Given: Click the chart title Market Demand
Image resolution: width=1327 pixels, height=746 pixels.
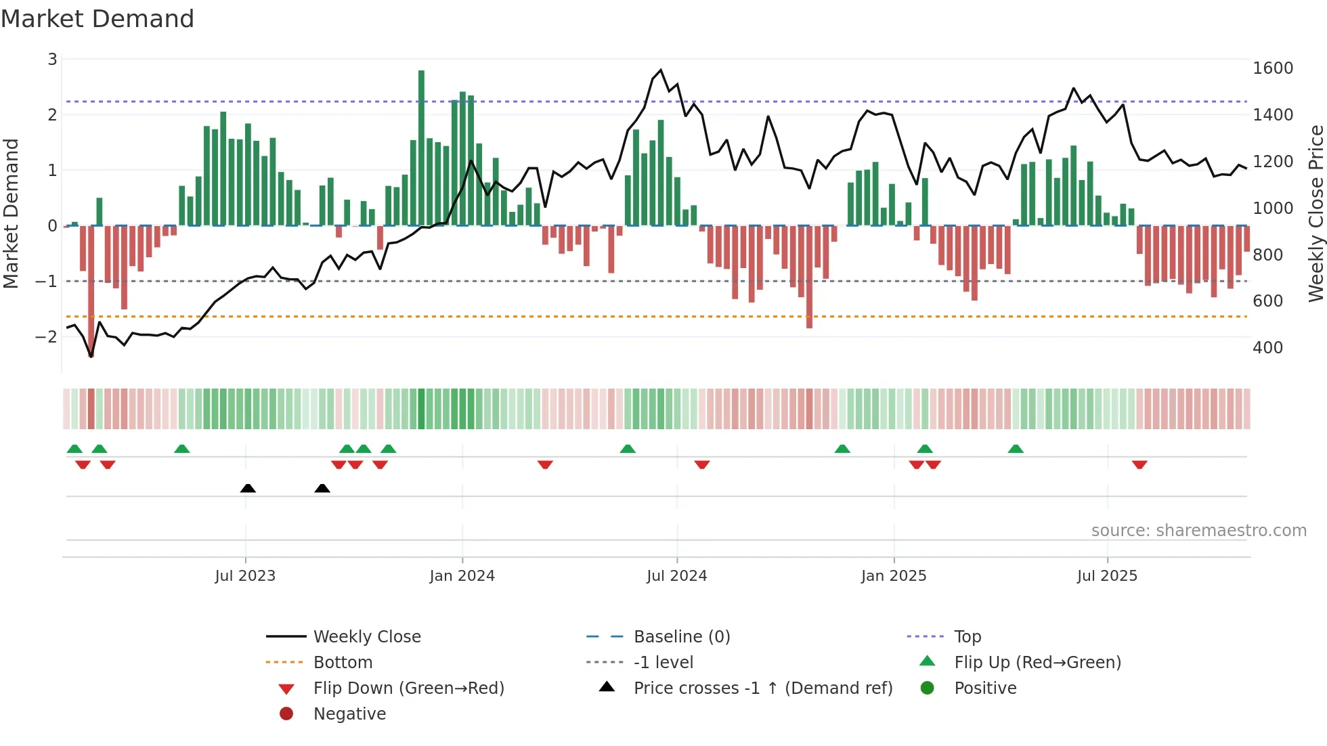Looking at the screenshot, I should click(x=97, y=19).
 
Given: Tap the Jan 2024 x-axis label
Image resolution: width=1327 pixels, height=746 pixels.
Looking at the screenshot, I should click(x=462, y=575).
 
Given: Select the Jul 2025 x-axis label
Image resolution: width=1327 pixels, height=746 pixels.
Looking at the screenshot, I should click(x=1107, y=575).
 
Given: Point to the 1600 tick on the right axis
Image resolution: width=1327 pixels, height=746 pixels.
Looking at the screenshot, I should click(x=1272, y=68).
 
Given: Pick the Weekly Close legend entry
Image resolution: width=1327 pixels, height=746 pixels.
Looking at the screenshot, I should click(x=366, y=636).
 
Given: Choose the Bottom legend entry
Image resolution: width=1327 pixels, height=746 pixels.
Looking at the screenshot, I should click(x=343, y=662).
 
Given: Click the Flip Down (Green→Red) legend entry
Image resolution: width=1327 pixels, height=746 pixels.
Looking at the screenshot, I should click(x=408, y=688).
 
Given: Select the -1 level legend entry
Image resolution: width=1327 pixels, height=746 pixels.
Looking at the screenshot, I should click(x=663, y=662).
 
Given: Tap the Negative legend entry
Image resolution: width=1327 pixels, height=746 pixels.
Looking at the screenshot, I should click(x=349, y=714).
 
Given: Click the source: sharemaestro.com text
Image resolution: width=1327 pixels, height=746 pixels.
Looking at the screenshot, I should click(x=1198, y=531).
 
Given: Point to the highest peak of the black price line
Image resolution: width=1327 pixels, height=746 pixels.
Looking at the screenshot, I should click(x=661, y=70).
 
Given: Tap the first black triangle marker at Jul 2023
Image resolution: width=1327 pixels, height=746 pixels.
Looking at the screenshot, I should click(x=248, y=488).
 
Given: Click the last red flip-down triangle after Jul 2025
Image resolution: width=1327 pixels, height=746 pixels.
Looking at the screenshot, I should click(x=1139, y=464).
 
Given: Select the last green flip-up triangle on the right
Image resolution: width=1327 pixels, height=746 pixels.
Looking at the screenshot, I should click(x=1016, y=449).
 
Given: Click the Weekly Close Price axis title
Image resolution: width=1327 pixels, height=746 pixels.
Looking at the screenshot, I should click(x=1315, y=213).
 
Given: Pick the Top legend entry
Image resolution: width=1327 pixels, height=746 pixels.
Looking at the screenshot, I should click(x=967, y=636).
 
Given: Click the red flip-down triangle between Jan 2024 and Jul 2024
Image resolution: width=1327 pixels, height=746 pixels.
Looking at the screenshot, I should click(x=545, y=464).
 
